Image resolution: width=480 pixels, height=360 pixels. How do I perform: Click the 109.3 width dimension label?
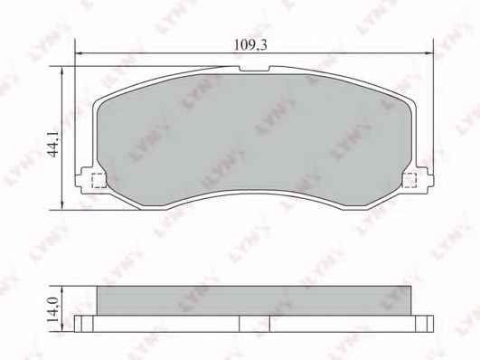coord(250,45)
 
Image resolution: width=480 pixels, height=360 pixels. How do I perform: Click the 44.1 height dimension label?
coord(55,145)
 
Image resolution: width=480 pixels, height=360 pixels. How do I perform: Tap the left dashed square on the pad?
coord(99,181)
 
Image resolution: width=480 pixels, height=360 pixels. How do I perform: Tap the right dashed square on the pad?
coord(410,181)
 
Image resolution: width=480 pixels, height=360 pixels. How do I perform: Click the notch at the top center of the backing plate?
coord(254,69)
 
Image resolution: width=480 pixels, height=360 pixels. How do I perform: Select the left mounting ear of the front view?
coord(83,181)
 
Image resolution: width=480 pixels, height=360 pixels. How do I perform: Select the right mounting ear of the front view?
coord(425,181)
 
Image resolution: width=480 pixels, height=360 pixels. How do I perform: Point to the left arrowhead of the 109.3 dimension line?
coord(80,53)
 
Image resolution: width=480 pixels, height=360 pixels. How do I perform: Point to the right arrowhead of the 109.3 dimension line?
coord(429,53)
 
